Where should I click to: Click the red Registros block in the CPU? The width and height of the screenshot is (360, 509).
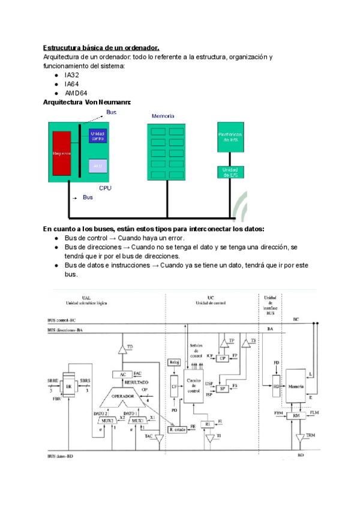[62, 153]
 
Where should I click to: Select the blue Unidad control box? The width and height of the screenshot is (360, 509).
[97, 135]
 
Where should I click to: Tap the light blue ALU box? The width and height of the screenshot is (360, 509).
[97, 164]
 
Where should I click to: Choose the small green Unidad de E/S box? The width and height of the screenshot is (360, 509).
[231, 172]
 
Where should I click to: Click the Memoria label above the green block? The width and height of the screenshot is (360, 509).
[163, 115]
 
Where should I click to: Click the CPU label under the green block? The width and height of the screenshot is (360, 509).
[106, 188]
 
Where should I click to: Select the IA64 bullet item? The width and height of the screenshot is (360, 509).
[71, 85]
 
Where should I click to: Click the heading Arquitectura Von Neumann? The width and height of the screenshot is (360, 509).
[86, 103]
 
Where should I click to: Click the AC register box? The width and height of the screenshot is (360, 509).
[122, 374]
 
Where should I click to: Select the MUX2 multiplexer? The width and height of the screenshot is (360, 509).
[107, 420]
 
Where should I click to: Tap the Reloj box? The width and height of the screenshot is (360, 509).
[175, 362]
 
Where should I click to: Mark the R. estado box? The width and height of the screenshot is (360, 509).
[178, 429]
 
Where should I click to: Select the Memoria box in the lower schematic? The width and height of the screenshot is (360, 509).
[296, 385]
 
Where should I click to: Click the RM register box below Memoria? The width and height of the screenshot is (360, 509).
[296, 415]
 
